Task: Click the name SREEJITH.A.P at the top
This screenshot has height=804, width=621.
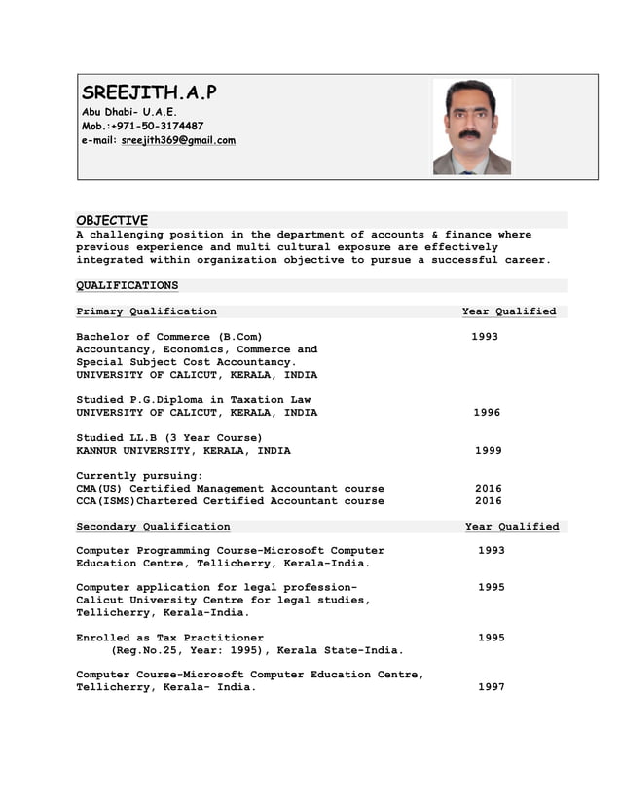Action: [x=149, y=93]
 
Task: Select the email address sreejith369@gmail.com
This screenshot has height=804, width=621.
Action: [x=178, y=140]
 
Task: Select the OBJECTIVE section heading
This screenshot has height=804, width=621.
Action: [x=112, y=220]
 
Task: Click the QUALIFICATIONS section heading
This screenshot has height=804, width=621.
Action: [x=128, y=285]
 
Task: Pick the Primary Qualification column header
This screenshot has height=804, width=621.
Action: [x=147, y=311]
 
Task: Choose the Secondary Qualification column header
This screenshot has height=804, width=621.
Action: [x=154, y=527]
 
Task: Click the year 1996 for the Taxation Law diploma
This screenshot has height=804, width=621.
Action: [x=487, y=413]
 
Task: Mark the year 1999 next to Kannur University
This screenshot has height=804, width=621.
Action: [x=488, y=451]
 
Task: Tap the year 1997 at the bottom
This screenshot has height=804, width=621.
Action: [x=491, y=687]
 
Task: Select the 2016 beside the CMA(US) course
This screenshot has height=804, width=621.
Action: [x=488, y=489]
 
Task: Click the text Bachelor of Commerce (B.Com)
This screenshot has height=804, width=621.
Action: [x=169, y=337]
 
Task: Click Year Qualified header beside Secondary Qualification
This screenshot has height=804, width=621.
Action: [x=512, y=527]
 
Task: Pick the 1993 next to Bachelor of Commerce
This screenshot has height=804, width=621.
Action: [x=485, y=337]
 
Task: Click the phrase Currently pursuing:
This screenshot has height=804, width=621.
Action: [x=139, y=476]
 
